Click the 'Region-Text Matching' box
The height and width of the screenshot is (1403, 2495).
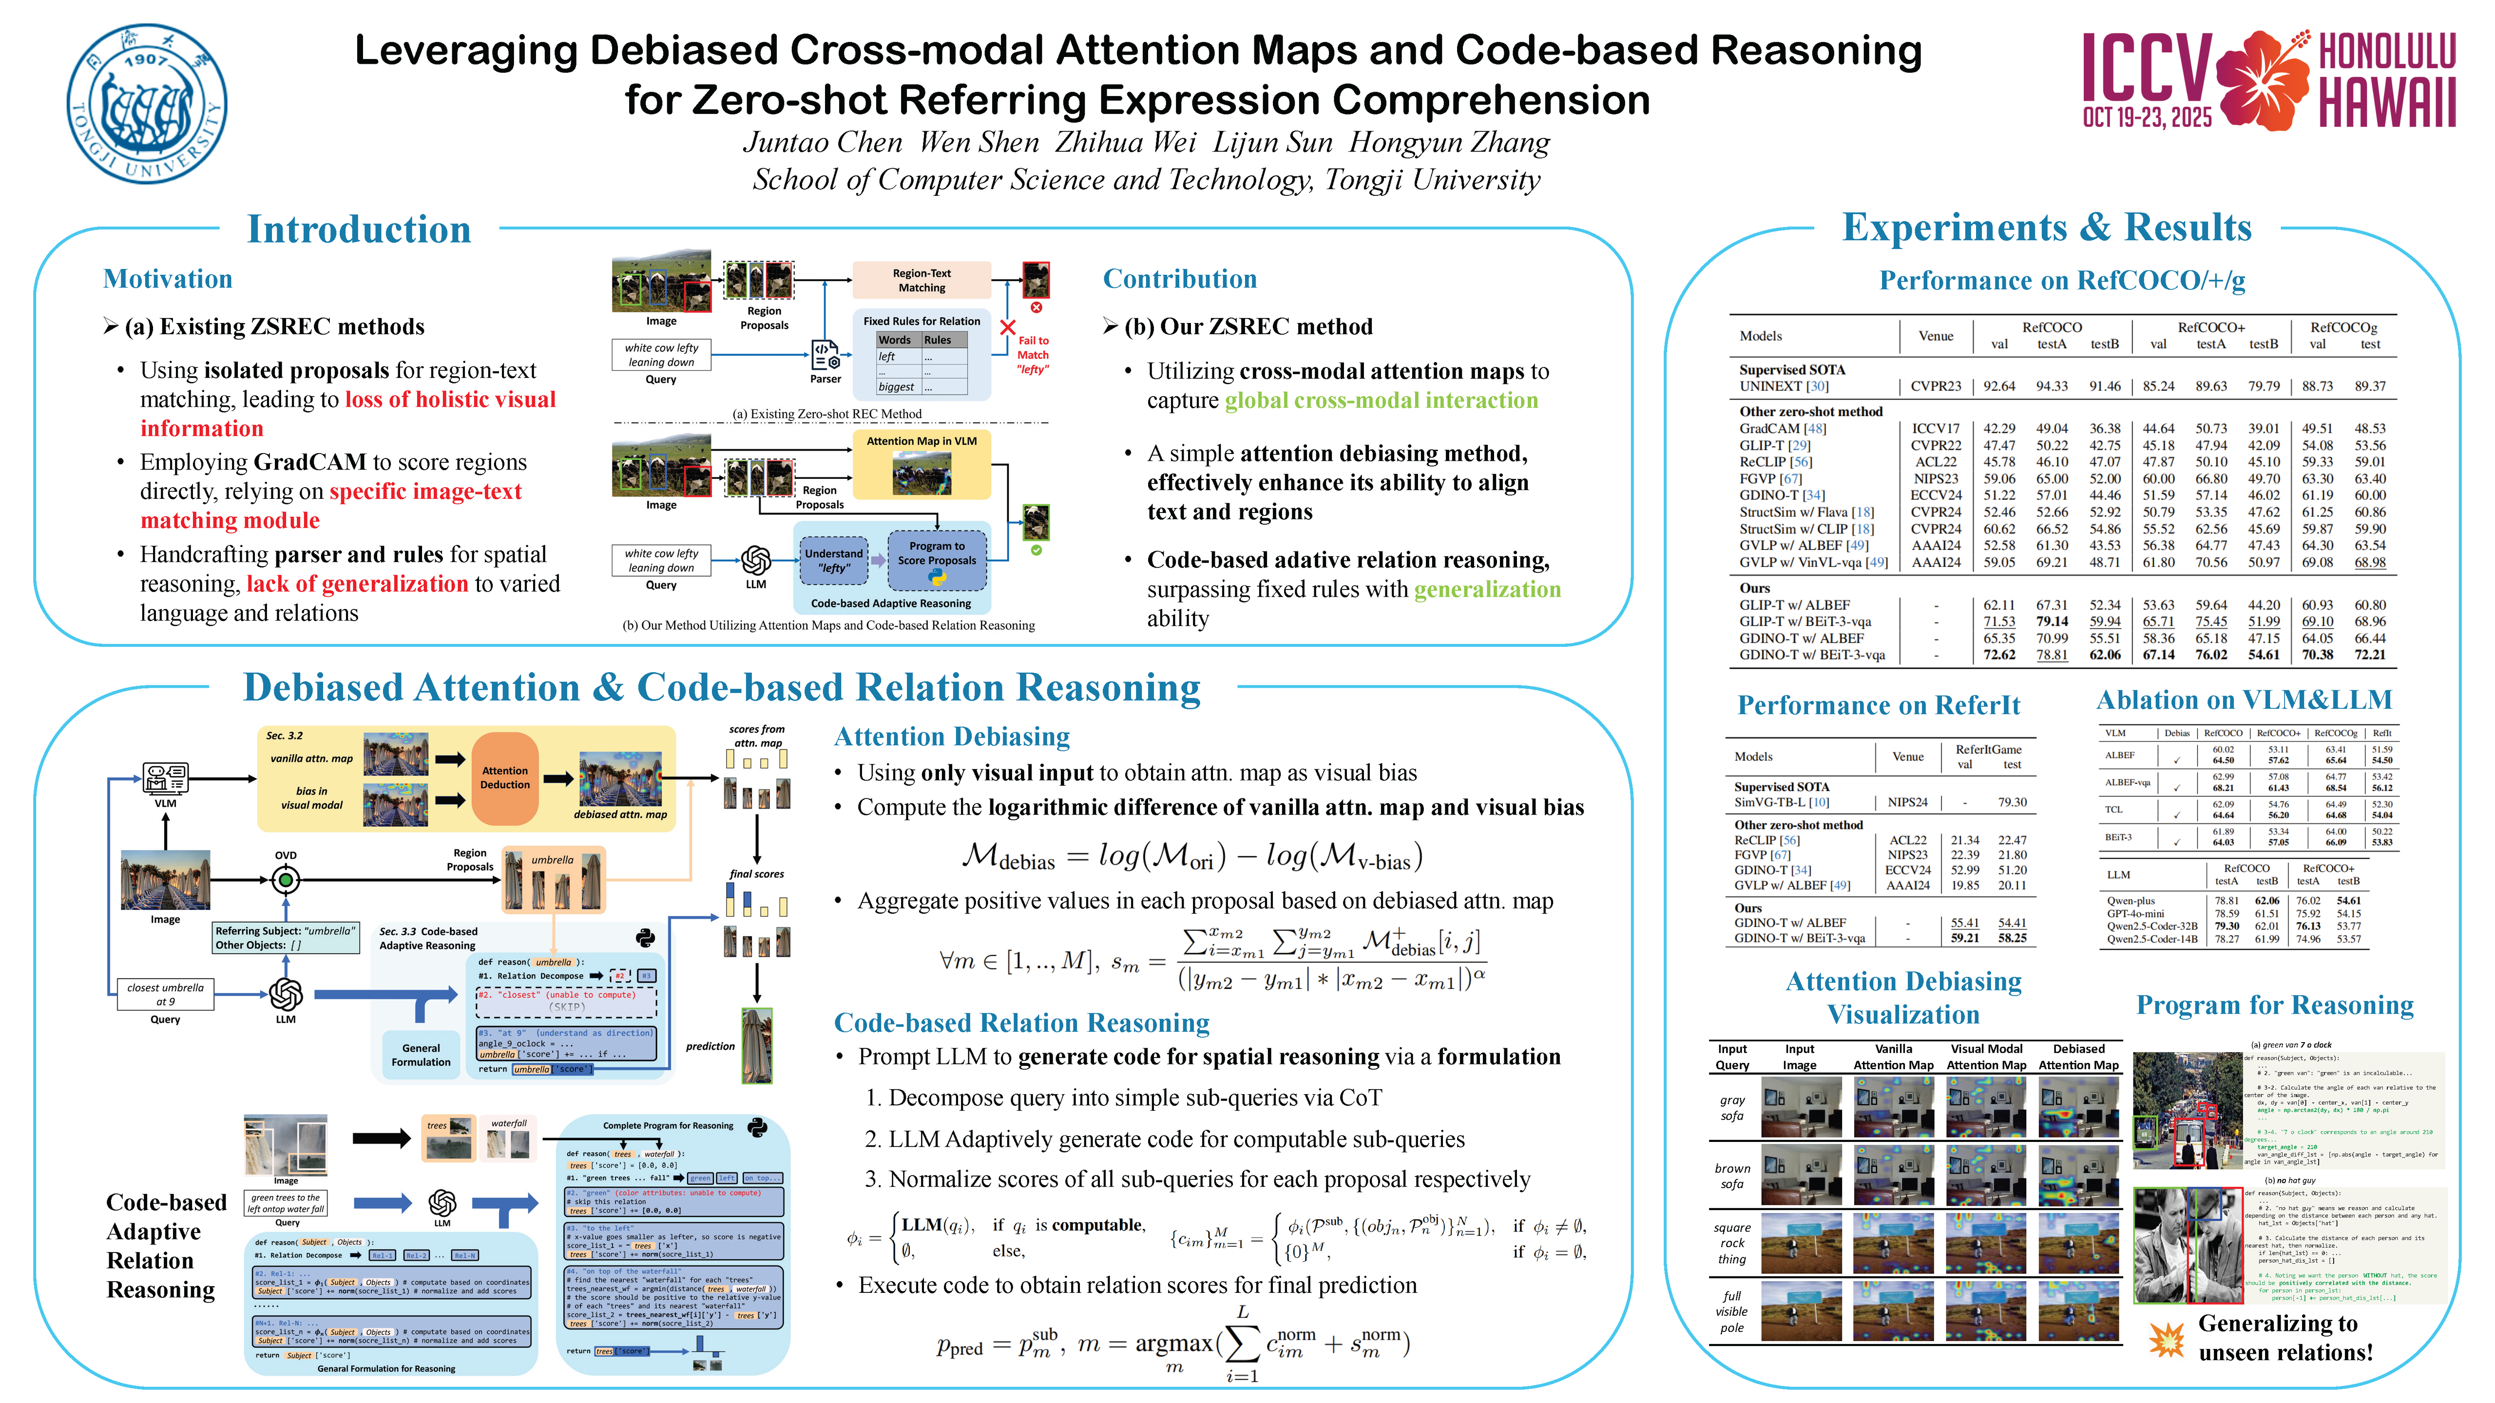tap(921, 280)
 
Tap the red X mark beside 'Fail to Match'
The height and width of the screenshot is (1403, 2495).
tap(1007, 327)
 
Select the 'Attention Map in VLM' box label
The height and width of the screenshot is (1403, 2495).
tap(921, 441)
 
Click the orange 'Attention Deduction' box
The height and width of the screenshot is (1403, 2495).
tap(505, 777)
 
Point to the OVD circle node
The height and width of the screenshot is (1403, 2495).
tap(286, 880)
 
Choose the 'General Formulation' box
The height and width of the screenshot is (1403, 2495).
tap(421, 1054)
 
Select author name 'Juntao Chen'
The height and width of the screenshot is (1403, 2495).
tap(822, 143)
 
